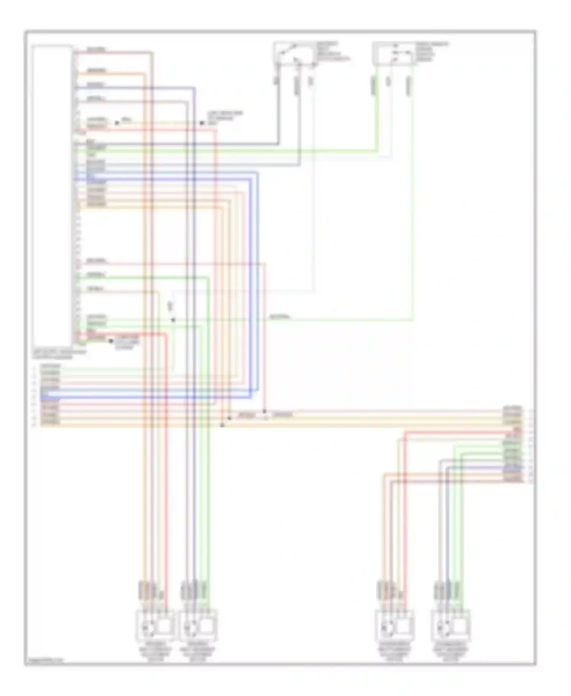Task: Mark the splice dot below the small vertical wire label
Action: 173,320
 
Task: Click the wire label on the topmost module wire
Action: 96,50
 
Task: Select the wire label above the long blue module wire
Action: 95,85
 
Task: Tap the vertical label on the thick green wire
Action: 374,85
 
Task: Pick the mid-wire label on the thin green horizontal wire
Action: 280,317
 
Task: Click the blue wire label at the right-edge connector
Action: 512,467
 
